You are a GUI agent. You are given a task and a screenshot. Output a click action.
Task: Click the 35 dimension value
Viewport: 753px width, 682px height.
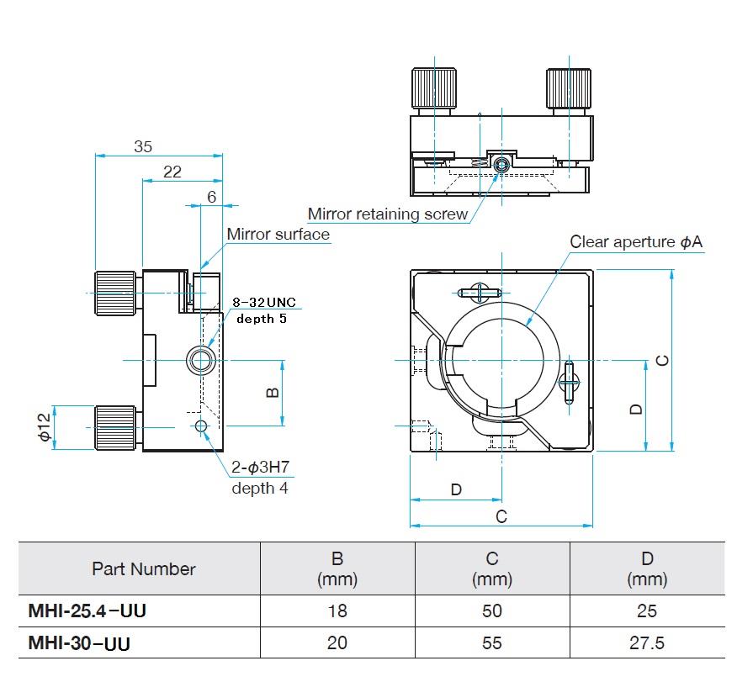(x=143, y=146)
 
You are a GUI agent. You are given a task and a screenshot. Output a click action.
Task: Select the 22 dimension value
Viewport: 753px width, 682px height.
(x=172, y=172)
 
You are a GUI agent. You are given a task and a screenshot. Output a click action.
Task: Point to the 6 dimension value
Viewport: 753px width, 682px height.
(x=211, y=197)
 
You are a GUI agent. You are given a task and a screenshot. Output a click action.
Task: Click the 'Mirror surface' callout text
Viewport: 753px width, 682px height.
(x=278, y=235)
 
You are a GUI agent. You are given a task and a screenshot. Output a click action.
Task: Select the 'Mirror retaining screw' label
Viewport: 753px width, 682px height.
(x=387, y=214)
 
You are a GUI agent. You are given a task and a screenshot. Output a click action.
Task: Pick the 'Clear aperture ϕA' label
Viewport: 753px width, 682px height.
(x=635, y=242)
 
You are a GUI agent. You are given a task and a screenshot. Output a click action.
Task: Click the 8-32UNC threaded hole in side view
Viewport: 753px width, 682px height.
(x=200, y=360)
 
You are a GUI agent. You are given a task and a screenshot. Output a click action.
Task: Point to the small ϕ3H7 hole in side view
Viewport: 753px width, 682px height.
(x=200, y=427)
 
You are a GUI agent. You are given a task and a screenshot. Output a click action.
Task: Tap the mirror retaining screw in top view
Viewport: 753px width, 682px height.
(x=501, y=164)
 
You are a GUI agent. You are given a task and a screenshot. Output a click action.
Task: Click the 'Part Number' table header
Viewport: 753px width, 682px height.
(x=143, y=569)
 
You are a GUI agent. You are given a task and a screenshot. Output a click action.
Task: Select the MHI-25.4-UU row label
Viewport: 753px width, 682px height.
(x=87, y=611)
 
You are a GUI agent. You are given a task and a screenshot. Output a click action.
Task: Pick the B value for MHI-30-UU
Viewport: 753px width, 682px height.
(x=337, y=643)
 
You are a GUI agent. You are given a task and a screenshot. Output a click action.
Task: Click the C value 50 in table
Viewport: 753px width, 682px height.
(x=492, y=611)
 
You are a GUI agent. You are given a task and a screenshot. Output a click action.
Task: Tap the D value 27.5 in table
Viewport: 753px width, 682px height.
(x=647, y=643)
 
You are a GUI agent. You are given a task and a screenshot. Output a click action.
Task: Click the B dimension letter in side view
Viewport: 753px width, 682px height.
(x=273, y=393)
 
